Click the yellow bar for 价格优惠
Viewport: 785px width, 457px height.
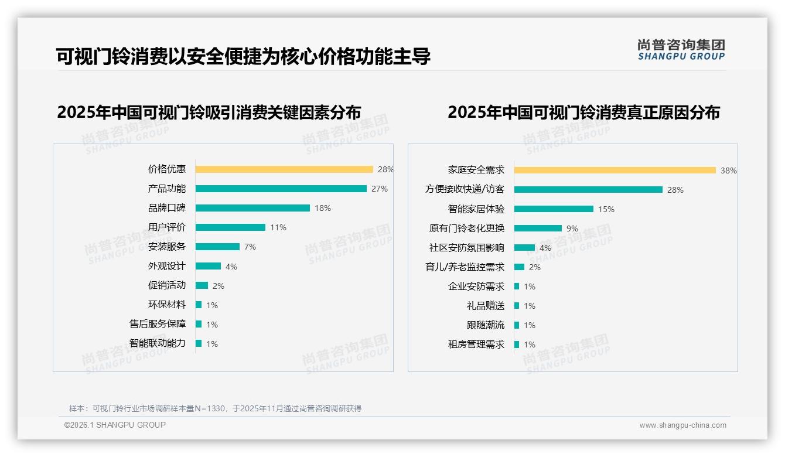click(284, 169)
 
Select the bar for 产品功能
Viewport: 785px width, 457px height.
click(281, 189)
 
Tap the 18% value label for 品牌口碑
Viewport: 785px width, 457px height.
click(323, 208)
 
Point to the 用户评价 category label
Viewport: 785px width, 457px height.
click(167, 227)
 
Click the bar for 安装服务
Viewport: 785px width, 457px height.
click(217, 247)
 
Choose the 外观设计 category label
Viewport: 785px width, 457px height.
click(167, 266)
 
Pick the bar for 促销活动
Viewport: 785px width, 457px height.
click(202, 285)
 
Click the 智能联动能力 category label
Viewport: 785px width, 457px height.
click(158, 343)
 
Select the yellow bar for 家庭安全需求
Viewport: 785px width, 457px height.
click(615, 170)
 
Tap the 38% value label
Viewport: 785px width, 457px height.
click(729, 171)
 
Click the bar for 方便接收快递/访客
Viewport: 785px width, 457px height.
click(588, 190)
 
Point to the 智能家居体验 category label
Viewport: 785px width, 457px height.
click(476, 209)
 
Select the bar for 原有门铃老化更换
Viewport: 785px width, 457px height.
click(538, 228)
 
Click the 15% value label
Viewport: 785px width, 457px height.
click(606, 209)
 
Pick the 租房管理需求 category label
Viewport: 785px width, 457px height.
click(476, 345)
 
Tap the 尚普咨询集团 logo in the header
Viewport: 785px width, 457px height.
click(681, 50)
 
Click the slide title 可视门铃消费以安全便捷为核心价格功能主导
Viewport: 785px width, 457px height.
click(243, 56)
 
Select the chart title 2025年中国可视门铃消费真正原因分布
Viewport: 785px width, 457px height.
click(583, 112)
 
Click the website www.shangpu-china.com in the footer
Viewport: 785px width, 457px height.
click(682, 425)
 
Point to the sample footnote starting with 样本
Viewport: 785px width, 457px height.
click(215, 408)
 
